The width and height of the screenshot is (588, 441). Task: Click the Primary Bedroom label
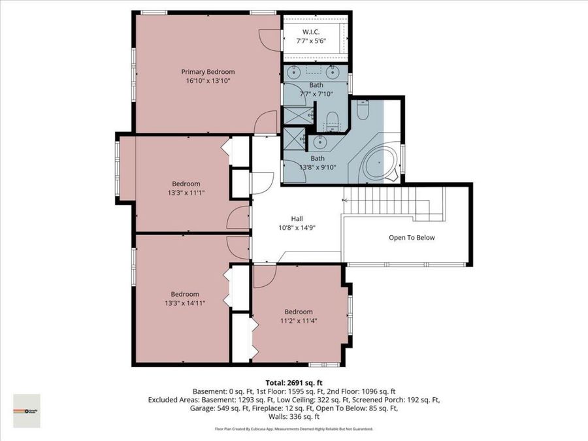(x=208, y=72)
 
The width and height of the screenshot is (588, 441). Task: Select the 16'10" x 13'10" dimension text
(x=208, y=81)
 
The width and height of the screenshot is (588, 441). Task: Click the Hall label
(x=297, y=219)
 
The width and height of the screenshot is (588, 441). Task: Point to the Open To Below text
(x=412, y=238)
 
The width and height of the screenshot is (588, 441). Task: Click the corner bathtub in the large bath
(x=378, y=164)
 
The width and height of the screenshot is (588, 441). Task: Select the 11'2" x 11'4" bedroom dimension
(x=298, y=321)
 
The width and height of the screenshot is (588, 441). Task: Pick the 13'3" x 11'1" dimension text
(x=186, y=193)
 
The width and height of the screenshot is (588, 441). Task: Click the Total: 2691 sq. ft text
(x=293, y=383)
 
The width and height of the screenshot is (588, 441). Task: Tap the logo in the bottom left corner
(x=27, y=411)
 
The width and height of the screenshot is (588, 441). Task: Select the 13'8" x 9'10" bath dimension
(x=318, y=167)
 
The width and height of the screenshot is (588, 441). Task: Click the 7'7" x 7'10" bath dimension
(x=317, y=93)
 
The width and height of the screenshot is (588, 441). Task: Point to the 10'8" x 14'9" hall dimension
(x=297, y=228)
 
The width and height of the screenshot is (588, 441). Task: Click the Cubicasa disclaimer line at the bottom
(x=293, y=429)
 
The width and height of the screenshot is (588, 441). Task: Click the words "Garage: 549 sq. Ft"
(x=220, y=408)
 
